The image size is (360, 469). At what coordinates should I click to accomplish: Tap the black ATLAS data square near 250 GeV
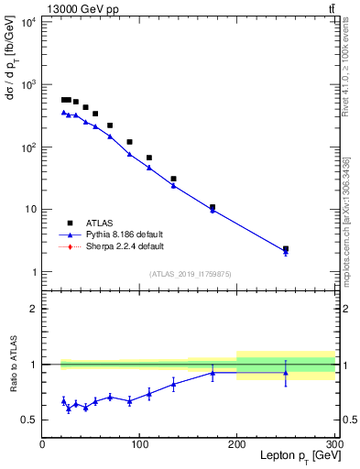286,248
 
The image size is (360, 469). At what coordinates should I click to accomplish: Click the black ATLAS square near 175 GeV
213,207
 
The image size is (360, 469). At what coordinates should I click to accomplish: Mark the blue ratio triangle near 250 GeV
286,372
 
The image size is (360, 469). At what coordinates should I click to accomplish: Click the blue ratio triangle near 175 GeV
213,373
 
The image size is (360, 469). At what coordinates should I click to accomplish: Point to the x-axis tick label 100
140,444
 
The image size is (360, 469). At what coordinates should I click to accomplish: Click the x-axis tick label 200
237,444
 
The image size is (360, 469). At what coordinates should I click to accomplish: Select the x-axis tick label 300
333,444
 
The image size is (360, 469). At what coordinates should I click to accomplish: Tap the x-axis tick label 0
42,444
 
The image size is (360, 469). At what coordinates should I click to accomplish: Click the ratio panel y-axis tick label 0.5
29,420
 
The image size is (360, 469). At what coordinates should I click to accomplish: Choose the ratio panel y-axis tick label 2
33,309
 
